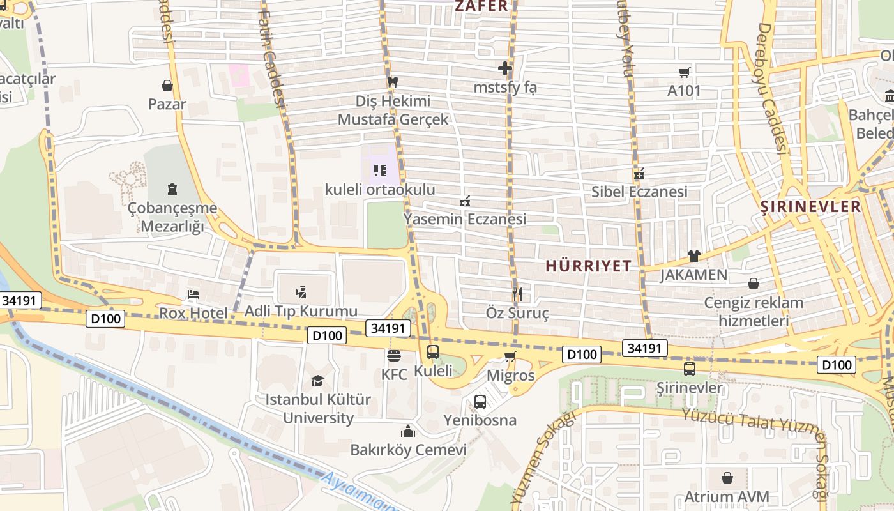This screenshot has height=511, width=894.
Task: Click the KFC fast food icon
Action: click(x=394, y=355)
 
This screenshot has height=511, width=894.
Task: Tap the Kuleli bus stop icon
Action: click(x=433, y=351)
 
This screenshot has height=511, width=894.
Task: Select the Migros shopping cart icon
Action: click(x=510, y=356)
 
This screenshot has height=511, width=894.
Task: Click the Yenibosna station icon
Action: click(x=480, y=402)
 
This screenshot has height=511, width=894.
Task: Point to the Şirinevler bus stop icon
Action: click(x=690, y=369)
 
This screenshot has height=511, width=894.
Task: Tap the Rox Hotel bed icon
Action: click(x=193, y=294)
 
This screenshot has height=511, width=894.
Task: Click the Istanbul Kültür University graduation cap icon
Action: click(x=317, y=381)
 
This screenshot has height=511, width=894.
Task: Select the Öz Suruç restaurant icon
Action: click(x=517, y=294)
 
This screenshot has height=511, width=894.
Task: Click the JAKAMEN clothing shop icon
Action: click(x=694, y=256)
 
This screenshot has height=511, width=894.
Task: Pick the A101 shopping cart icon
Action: click(x=685, y=72)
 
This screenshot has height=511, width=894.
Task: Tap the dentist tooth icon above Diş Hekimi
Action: click(x=393, y=82)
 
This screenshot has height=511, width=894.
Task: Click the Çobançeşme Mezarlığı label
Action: click(x=172, y=217)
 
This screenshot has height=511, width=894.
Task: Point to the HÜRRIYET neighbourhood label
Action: click(x=588, y=266)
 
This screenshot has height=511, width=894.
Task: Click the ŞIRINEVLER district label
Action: click(x=811, y=207)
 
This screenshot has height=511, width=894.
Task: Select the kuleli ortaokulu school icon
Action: click(x=380, y=171)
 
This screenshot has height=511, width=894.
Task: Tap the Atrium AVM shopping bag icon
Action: click(x=727, y=478)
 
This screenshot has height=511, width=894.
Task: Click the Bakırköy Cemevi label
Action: click(x=408, y=450)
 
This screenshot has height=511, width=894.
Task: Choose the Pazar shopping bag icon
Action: click(x=167, y=85)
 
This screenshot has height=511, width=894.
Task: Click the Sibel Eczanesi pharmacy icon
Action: click(x=639, y=173)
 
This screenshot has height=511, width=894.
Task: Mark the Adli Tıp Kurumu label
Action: click(x=301, y=312)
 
